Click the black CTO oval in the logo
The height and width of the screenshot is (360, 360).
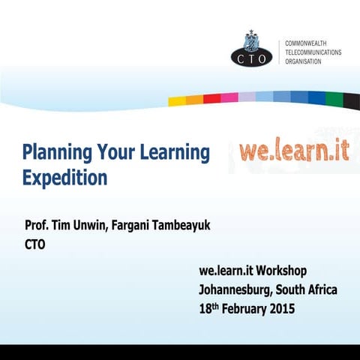[x=253, y=55]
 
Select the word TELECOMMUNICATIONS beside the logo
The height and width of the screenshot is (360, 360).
[x=313, y=53]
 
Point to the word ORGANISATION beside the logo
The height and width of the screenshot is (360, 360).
[x=303, y=62]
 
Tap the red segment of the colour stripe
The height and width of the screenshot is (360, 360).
[x=212, y=97]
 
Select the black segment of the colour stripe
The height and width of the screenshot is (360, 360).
[x=352, y=98]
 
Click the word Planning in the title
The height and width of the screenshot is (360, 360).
[x=56, y=154]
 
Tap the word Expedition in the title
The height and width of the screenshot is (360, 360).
[x=64, y=178]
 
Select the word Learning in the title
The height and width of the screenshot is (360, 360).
[x=175, y=154]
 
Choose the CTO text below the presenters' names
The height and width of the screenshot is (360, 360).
[x=35, y=244]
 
